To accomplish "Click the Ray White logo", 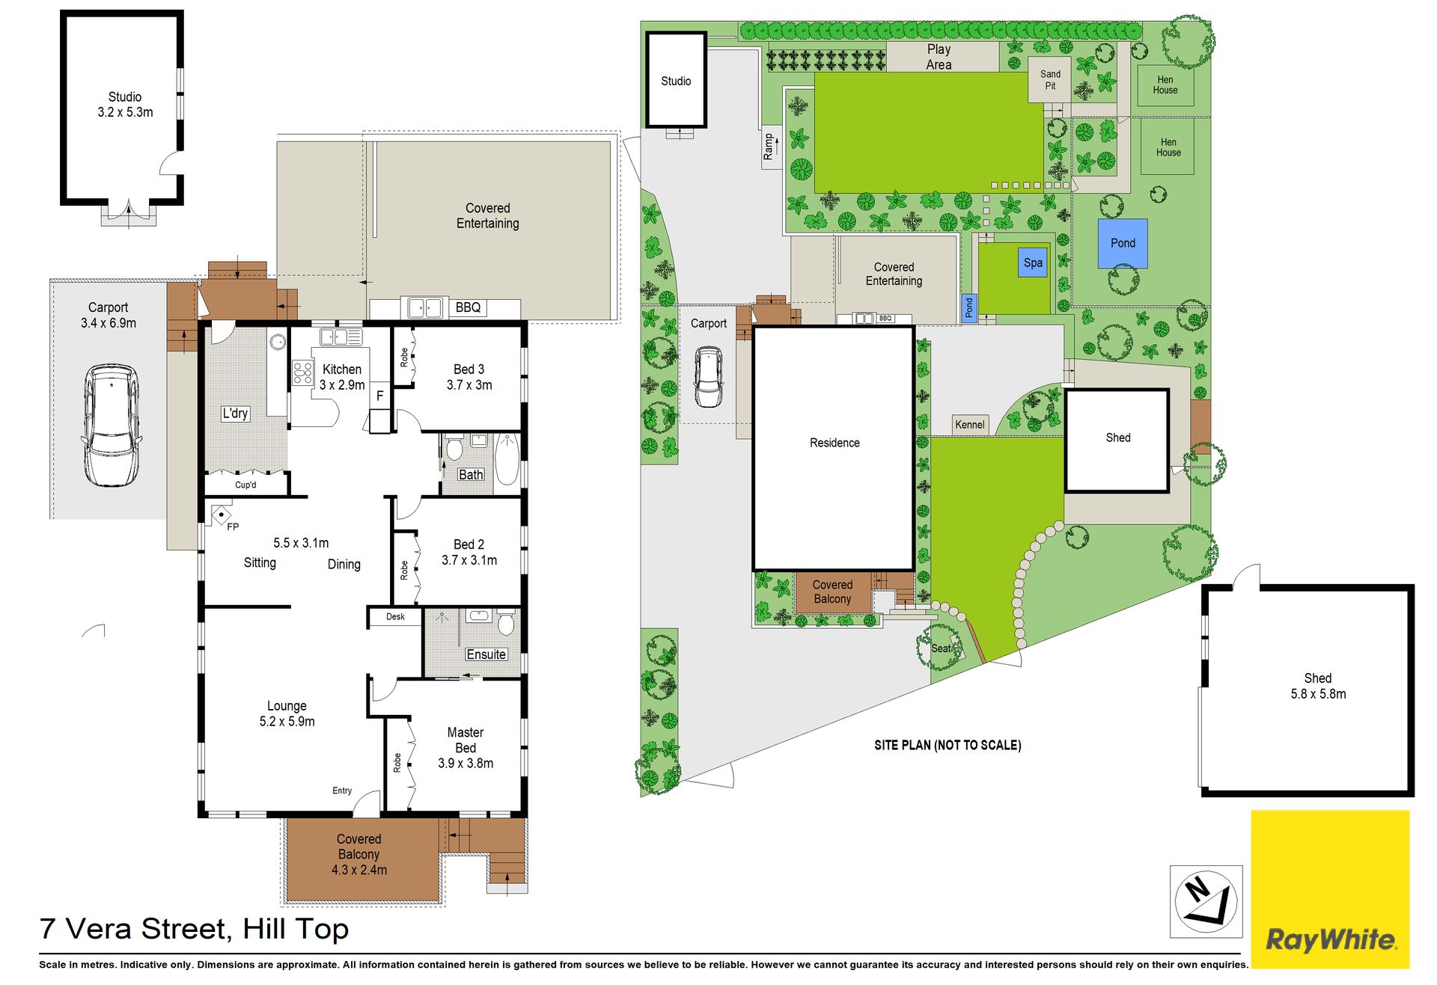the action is [1330, 889].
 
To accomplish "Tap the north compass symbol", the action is [1206, 900].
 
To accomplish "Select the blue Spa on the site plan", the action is [1033, 263].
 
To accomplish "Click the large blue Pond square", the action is [1123, 243].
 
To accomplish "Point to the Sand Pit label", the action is [1050, 80].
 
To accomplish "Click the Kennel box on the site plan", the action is [970, 425].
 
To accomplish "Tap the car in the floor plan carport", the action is [111, 425].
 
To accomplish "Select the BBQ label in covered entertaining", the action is [469, 307].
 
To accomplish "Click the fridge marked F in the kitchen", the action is [379, 396].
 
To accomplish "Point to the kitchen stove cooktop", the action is [302, 372].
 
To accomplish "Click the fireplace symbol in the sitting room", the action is [222, 515].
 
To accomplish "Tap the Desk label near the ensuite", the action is [395, 617].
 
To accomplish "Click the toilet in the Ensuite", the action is [506, 622].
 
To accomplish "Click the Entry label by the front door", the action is [342, 791].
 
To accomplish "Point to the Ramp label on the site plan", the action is [769, 147].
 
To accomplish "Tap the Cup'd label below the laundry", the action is [245, 485].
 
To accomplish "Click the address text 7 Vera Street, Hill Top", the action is [195, 929].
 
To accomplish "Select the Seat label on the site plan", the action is [941, 648].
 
